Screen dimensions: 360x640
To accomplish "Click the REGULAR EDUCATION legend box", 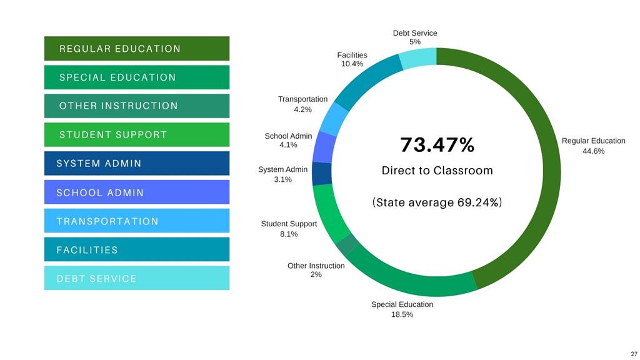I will [136, 49].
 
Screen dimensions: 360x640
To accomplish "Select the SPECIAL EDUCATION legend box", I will [136, 77].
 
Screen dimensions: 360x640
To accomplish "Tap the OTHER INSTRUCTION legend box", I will [136, 106].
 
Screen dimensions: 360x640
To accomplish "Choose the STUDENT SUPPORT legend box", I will [136, 134].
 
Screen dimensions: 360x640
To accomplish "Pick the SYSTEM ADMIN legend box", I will [136, 163].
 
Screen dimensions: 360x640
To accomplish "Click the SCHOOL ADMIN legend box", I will [136, 192].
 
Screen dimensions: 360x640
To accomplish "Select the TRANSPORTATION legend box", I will [136, 221].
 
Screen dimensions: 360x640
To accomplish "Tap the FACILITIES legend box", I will [136, 249].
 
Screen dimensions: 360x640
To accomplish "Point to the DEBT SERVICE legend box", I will [136, 278].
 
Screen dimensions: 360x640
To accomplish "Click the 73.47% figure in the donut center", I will [437, 145].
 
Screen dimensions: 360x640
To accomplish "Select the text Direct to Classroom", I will [437, 171].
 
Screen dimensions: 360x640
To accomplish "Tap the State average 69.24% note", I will [437, 203].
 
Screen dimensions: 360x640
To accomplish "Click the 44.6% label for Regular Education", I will [593, 151].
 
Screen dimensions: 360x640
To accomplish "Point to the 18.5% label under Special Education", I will [402, 314].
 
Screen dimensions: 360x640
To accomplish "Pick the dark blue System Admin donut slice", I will [321, 174].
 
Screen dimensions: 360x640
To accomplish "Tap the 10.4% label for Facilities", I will [352, 64].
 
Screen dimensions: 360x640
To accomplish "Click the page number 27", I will [634, 353].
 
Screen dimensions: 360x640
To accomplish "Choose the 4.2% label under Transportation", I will [302, 109].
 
